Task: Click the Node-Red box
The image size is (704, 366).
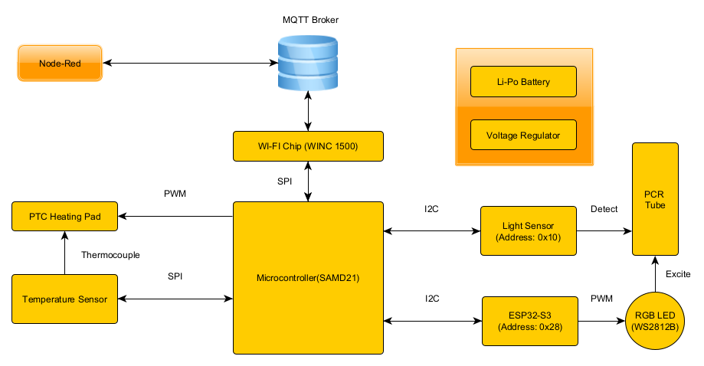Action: click(60, 64)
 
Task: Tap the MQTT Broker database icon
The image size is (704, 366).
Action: click(308, 64)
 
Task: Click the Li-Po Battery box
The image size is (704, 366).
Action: click(523, 81)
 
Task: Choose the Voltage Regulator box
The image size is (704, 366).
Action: click(523, 136)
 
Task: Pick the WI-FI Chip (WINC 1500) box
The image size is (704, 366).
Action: click(307, 145)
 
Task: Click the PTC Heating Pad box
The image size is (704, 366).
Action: click(65, 217)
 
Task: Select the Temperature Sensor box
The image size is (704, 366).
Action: click(65, 299)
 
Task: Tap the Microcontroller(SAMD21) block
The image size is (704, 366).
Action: click(308, 278)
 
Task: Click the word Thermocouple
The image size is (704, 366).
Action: click(110, 255)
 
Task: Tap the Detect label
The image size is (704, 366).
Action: click(604, 209)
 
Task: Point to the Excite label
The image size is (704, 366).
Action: click(678, 274)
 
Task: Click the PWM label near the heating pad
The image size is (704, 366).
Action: click(175, 194)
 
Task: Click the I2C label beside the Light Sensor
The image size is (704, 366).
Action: click(431, 208)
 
